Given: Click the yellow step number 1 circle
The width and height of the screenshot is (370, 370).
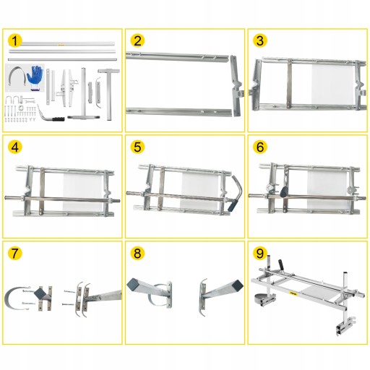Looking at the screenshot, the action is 14,40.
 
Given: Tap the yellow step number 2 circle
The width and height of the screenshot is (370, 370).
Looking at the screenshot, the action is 137,40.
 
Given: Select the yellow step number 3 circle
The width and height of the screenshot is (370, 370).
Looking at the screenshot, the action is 260,40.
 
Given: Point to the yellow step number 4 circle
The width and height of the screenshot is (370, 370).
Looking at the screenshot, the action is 14,147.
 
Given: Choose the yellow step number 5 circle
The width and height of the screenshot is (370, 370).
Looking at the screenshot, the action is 137,147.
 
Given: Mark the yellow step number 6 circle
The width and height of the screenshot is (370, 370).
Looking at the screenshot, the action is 260,147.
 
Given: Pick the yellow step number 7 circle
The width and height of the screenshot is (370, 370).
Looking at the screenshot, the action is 14,253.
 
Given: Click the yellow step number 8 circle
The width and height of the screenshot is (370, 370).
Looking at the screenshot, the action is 137,253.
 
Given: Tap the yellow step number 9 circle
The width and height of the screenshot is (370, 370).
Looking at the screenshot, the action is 260,253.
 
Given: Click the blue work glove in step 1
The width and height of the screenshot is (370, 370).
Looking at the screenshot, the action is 35,77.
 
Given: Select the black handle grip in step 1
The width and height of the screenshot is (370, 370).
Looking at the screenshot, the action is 59,119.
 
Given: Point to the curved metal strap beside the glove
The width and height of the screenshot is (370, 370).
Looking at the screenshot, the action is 17,72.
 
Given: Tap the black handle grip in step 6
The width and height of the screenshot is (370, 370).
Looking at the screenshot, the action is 284,192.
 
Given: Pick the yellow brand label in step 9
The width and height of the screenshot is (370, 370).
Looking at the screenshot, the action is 293,293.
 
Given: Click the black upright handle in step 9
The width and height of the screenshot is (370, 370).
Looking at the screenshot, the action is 281,264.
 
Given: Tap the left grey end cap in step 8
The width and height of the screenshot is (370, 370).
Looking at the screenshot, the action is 132,283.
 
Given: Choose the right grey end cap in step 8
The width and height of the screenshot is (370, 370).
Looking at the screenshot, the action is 238,285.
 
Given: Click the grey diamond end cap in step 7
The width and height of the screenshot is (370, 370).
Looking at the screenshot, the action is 40,293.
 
